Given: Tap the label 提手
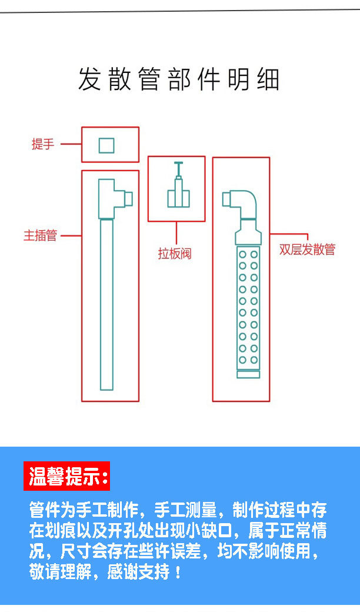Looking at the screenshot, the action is click(x=42, y=144).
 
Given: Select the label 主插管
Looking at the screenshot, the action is click(x=40, y=236).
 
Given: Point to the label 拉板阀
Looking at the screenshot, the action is click(x=175, y=254).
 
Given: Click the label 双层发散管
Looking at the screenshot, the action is click(x=307, y=250).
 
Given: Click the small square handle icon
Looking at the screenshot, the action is click(x=106, y=145).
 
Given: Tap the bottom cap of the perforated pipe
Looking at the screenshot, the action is click(x=248, y=374).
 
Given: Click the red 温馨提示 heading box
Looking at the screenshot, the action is click(x=67, y=477).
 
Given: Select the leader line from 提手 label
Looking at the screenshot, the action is click(x=71, y=144).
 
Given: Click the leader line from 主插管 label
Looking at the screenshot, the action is click(x=71, y=236).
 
